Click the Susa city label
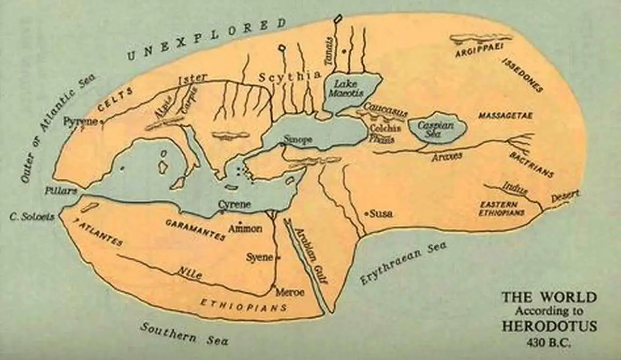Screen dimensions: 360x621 tap(379, 213)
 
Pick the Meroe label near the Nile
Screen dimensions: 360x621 tap(290, 292)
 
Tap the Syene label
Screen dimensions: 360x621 tap(260, 257)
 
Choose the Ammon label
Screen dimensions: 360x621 tap(245, 228)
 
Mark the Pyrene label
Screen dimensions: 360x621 tap(80, 122)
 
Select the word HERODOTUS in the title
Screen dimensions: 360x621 tap(550, 326)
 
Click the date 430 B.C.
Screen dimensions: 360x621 tap(550, 342)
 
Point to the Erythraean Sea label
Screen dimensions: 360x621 tap(403, 263)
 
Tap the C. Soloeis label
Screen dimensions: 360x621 tap(32, 217)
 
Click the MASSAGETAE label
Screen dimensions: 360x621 tap(505, 115)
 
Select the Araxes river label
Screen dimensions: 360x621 tap(447, 156)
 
